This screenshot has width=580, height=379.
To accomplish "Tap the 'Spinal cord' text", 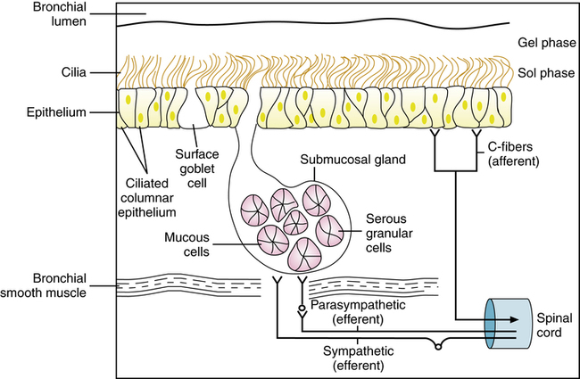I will click(x=548, y=324).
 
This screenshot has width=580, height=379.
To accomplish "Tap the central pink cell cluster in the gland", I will click(x=292, y=220).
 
